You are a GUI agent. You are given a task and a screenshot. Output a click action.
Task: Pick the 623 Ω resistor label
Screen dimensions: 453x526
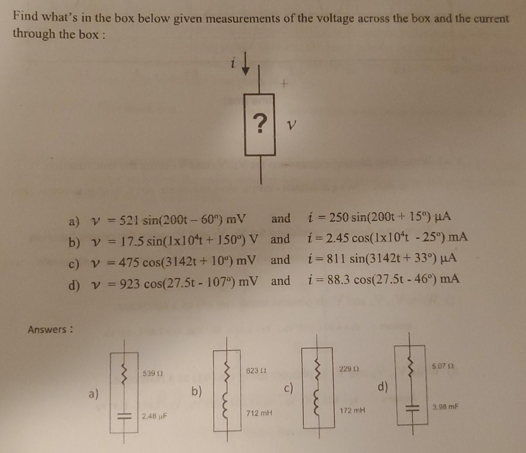256,371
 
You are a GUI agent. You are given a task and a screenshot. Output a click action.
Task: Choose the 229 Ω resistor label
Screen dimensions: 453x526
349,369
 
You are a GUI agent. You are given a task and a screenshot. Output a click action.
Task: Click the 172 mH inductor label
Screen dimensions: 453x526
352,411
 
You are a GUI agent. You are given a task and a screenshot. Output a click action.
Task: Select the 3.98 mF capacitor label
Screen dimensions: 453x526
445,407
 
